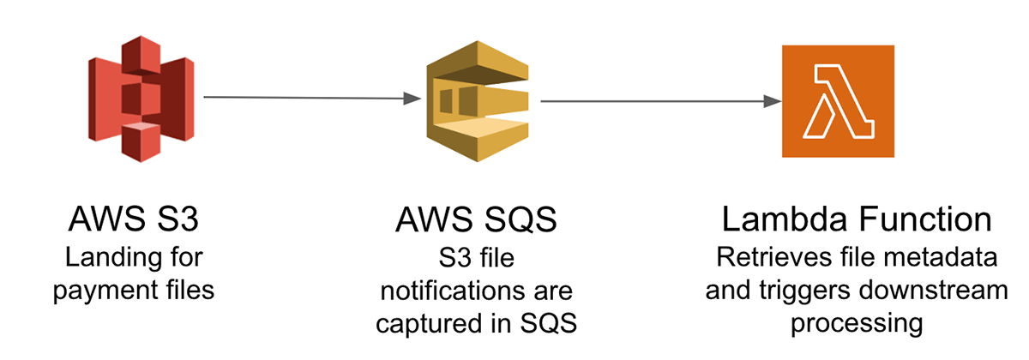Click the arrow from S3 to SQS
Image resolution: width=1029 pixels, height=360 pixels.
304,99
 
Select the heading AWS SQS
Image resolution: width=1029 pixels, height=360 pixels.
477,220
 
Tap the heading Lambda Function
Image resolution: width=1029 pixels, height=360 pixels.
857,220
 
